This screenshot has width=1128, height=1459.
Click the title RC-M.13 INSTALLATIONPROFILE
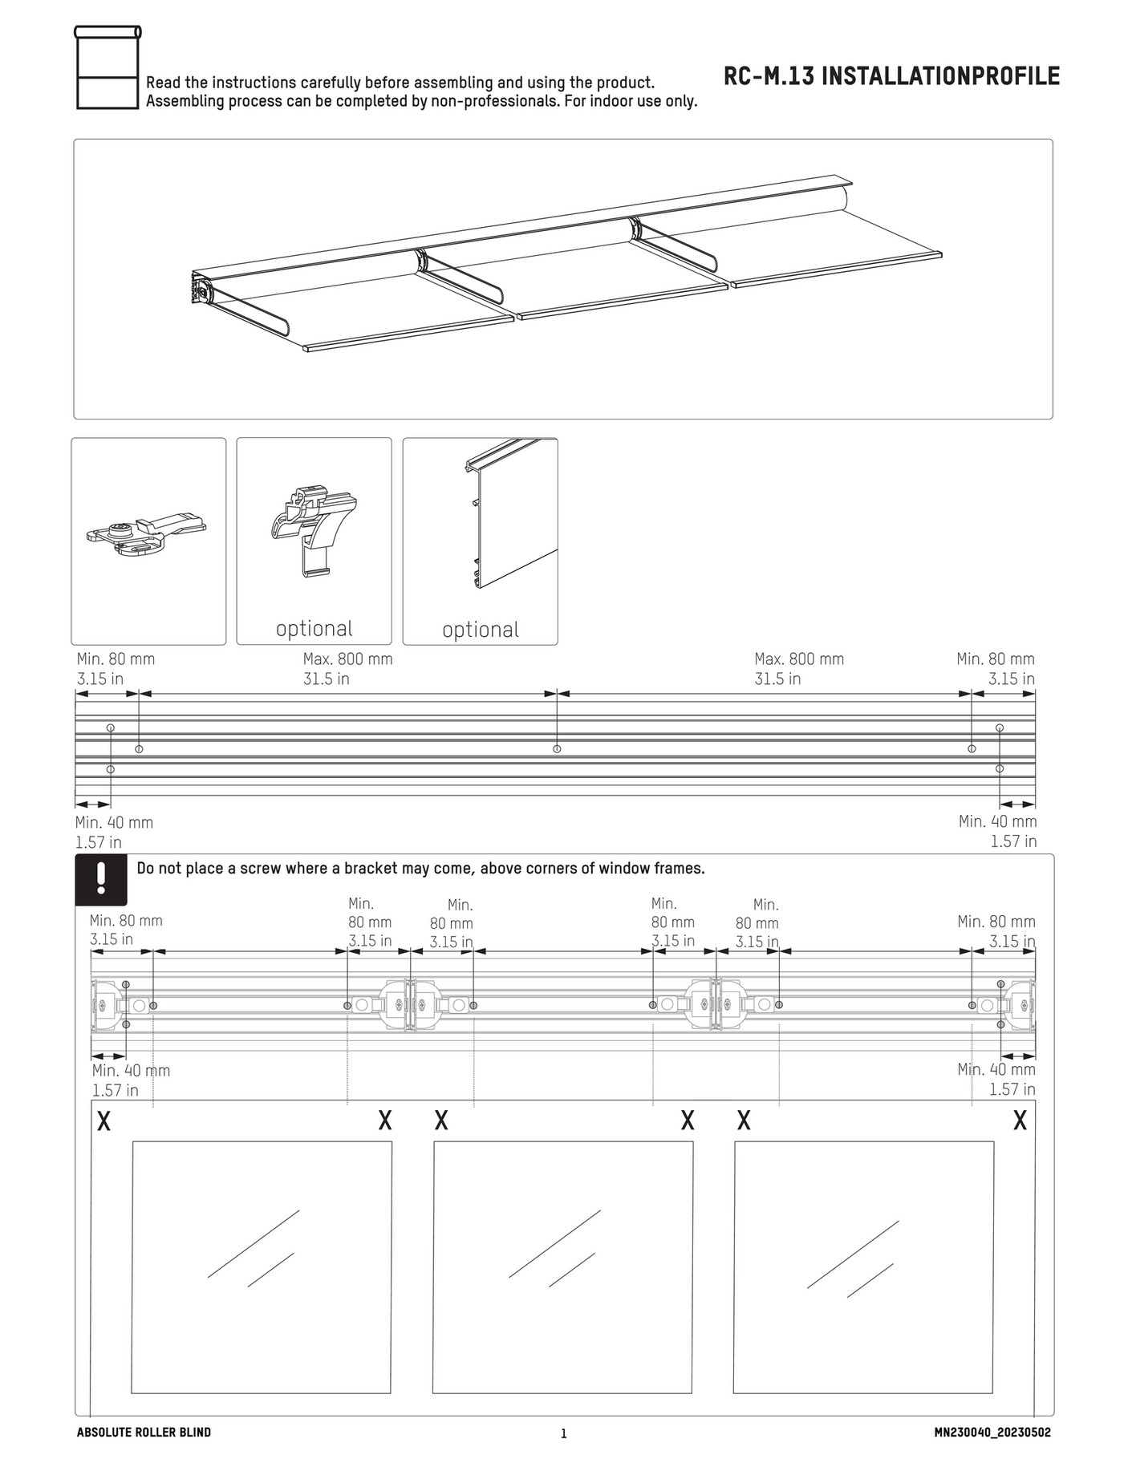click(891, 76)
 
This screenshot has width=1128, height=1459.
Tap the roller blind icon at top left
click(108, 67)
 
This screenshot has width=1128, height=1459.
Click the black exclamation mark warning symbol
click(101, 878)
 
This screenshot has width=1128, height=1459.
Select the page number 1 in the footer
click(563, 1433)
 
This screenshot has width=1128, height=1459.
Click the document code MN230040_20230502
click(992, 1432)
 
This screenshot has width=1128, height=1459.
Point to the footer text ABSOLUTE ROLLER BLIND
click(144, 1432)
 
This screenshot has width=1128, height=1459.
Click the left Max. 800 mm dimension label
click(347, 659)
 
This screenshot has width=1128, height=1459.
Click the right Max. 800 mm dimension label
click(799, 659)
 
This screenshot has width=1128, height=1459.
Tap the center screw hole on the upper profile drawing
click(557, 748)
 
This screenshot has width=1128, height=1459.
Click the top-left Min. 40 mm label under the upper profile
click(114, 822)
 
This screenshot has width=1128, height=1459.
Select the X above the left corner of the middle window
click(441, 1121)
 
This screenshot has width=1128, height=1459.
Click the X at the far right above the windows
click(1020, 1121)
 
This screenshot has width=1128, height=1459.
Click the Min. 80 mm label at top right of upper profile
click(995, 659)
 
